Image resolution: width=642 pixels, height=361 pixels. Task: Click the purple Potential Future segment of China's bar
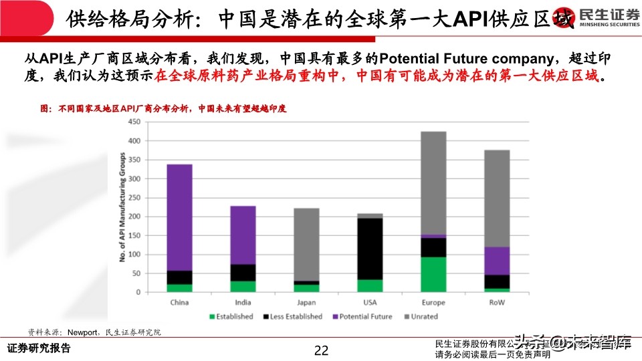point(179,217)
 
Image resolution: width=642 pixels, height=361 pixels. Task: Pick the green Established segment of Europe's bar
point(433,275)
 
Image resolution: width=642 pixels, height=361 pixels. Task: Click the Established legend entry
point(231,316)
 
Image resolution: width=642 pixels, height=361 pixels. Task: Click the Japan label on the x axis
point(306,302)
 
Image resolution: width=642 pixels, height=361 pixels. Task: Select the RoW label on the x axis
point(497,302)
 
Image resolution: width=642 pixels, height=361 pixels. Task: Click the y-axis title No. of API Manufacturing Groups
point(122,207)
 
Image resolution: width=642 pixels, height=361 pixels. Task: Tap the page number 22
point(322,350)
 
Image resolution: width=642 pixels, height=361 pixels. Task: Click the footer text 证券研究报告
point(38,349)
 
